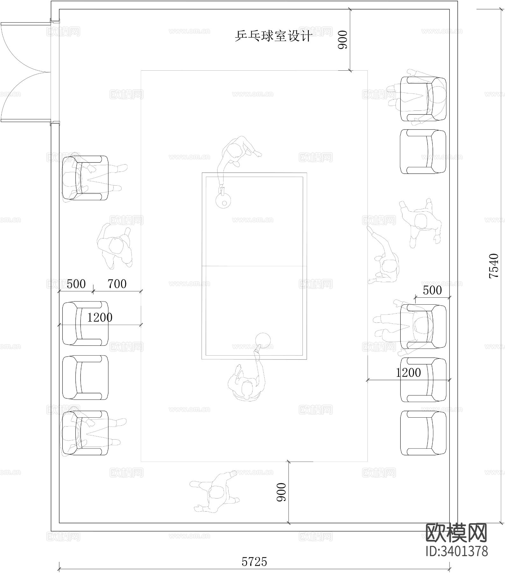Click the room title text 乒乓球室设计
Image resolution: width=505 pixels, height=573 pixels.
tap(273, 36)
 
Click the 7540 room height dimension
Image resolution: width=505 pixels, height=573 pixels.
tap(494, 265)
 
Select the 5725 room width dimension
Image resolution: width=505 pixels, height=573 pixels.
tap(254, 562)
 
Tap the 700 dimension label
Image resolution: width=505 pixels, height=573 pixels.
tap(117, 284)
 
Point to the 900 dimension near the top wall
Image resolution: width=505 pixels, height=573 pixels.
tap(342, 40)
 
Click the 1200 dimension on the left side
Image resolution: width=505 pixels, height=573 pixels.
tap(100, 317)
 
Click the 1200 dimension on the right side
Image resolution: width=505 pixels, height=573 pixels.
tap(408, 372)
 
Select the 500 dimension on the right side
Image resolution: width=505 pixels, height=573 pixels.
tap(432, 290)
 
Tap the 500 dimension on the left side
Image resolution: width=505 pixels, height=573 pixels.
tap(76, 284)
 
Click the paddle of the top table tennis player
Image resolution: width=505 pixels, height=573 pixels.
tap(223, 201)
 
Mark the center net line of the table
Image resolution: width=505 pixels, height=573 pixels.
tap(254, 266)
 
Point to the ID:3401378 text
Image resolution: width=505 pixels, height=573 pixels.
tap(457, 551)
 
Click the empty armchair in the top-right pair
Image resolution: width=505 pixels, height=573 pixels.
tap(423, 152)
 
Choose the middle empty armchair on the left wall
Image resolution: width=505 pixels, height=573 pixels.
tap(85, 377)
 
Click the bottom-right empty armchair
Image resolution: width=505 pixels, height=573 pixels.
tap(423, 433)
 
